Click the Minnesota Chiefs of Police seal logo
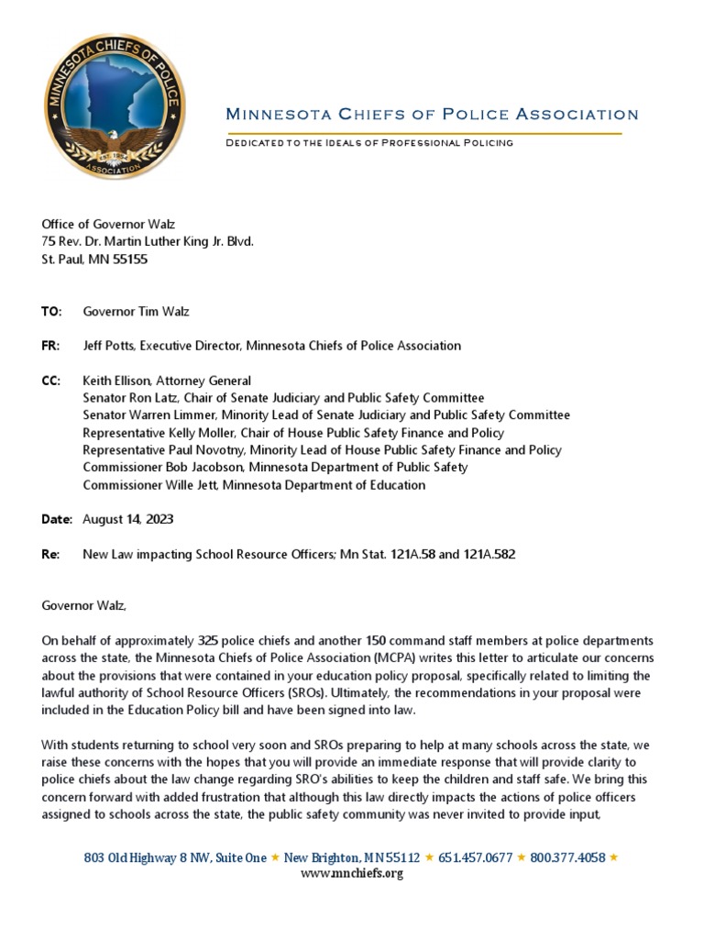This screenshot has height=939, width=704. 114,106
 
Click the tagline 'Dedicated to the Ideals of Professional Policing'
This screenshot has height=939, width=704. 368,143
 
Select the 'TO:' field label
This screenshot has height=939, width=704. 51,312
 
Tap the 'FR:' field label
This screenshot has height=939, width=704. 50,346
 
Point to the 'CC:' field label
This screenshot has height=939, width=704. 51,381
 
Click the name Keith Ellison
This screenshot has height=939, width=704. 116,381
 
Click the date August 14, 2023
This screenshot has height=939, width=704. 127,520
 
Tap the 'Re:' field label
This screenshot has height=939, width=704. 50,555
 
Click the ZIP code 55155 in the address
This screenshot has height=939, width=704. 129,260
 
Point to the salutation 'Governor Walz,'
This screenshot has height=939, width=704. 84,606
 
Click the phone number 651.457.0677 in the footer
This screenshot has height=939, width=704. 475,857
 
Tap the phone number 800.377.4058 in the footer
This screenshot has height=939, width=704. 567,857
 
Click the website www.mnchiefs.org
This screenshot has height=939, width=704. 352,873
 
